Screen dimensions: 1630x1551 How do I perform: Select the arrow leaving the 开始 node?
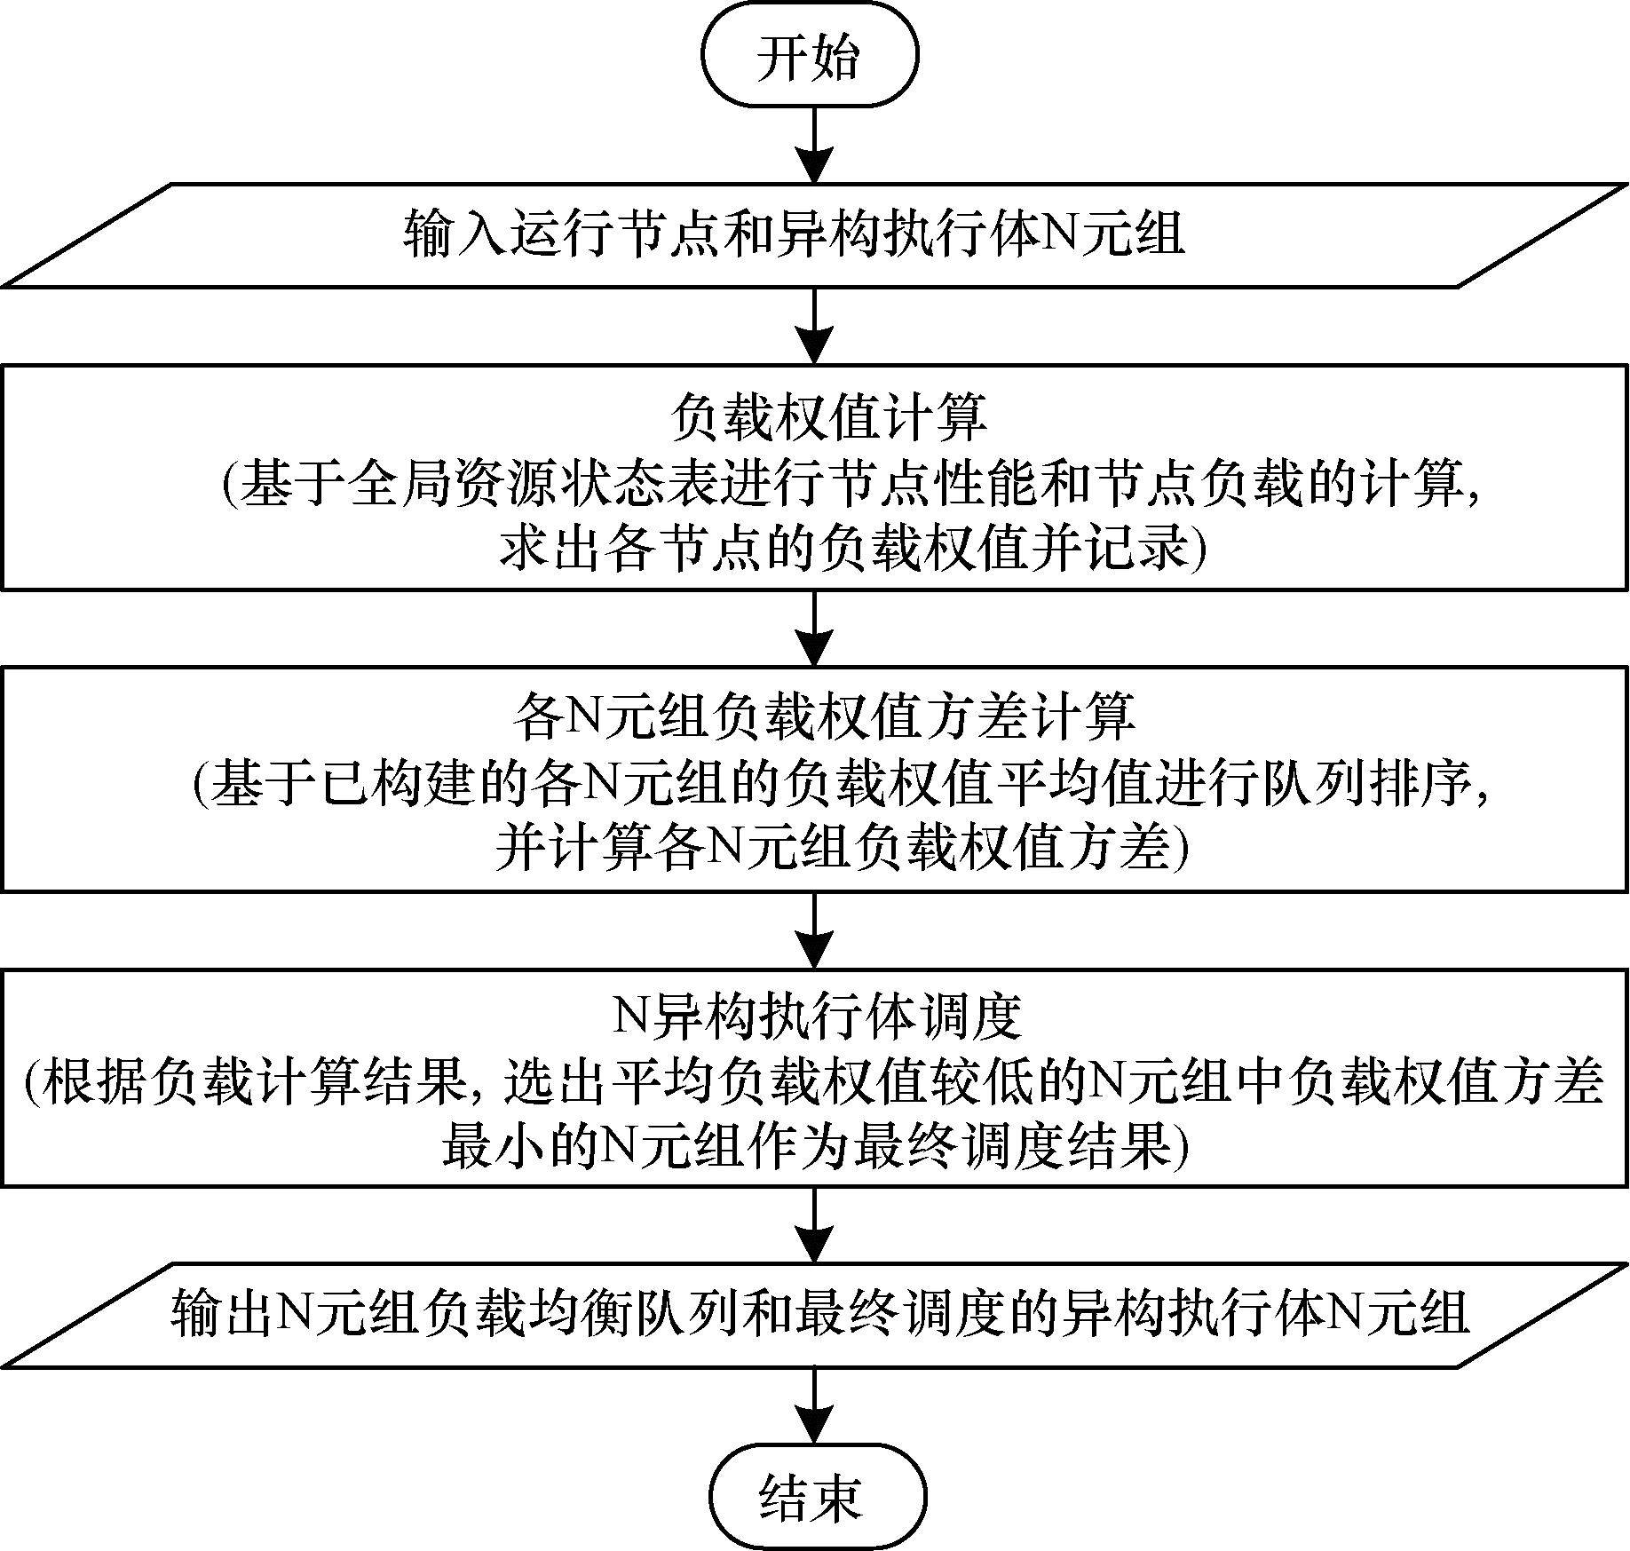tap(814, 145)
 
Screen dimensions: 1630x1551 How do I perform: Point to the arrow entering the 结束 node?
tap(814, 1407)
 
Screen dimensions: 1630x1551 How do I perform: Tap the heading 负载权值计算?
tap(827, 418)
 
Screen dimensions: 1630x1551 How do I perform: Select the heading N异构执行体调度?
tap(817, 1017)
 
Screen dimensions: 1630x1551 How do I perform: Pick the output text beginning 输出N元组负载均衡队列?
tap(819, 1312)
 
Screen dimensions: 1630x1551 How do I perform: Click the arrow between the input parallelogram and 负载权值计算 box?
tap(814, 325)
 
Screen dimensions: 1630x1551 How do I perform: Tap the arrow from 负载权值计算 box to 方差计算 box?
tap(814, 628)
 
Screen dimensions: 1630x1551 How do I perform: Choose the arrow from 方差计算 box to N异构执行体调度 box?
tap(814, 929)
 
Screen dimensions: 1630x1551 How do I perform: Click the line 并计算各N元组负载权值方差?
tap(842, 850)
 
